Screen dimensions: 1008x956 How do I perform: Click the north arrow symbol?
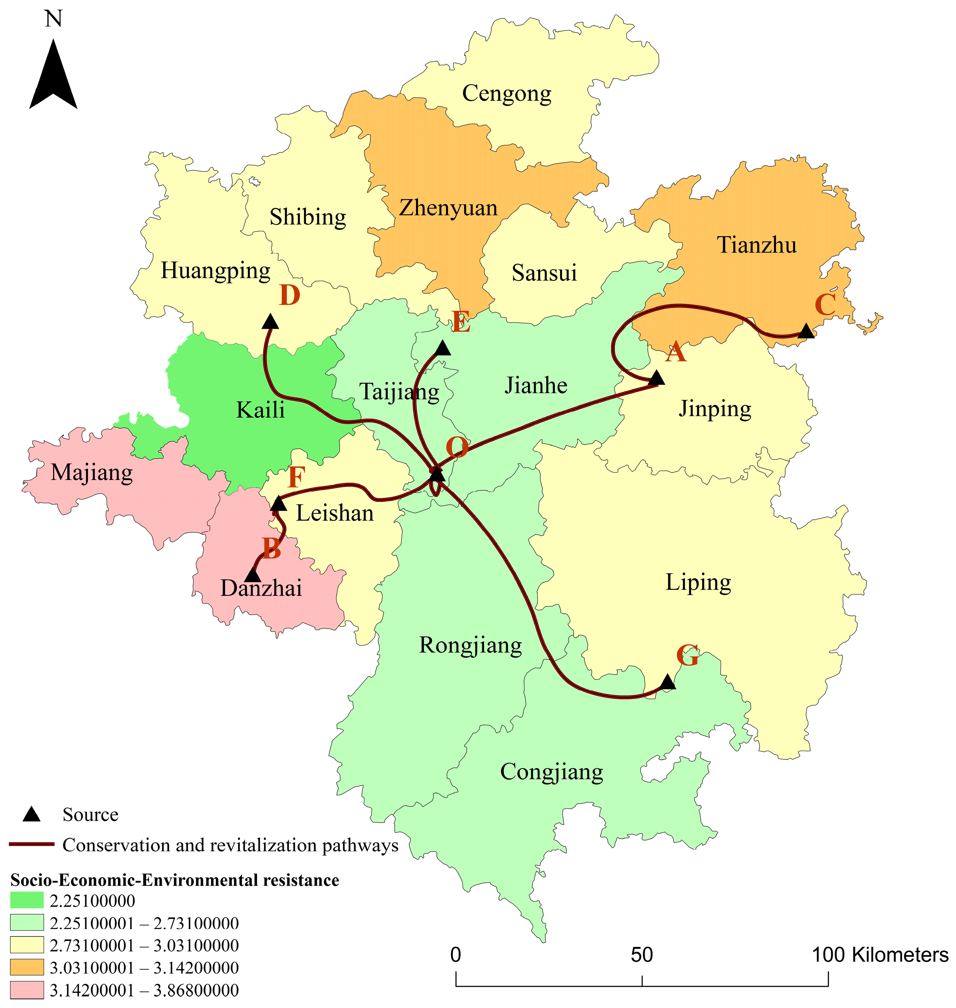coord(53,77)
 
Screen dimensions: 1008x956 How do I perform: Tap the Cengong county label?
coord(506,94)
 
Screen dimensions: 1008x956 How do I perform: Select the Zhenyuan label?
coord(448,208)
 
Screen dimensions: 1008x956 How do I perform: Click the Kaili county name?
coord(260,410)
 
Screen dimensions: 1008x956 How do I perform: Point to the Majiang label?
coord(92,473)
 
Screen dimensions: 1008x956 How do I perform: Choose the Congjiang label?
coord(551,772)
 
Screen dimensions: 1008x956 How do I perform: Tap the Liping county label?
coord(698,582)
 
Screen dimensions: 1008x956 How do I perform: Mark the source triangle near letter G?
coord(668,682)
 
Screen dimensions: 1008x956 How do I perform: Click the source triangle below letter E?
coord(443,348)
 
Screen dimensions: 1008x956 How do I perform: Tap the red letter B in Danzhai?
coord(271,549)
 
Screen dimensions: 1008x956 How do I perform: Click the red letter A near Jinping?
coord(676,352)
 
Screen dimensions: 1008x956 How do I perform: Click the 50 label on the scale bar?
coord(642,955)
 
